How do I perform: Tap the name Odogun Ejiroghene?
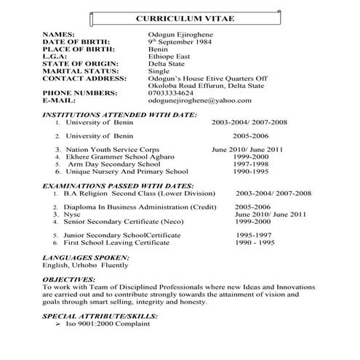179,35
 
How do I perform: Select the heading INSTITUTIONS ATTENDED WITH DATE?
119,115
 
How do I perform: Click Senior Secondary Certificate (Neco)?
127,223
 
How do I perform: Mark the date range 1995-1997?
255,236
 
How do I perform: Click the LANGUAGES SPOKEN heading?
85,258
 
